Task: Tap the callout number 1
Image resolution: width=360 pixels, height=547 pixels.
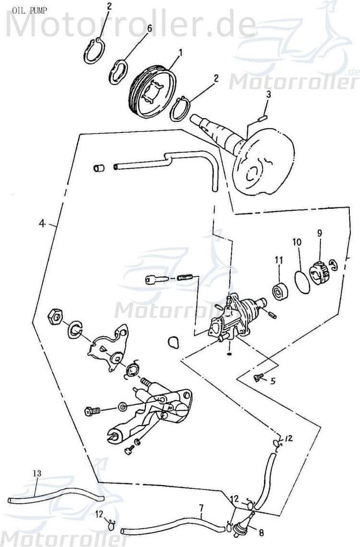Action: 181,52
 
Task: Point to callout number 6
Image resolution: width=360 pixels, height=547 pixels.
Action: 149,28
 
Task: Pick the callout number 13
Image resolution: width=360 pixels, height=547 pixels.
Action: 37,473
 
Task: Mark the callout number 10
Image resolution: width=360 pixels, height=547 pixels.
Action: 297,242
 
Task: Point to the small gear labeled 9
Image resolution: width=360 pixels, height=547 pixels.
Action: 318,269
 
